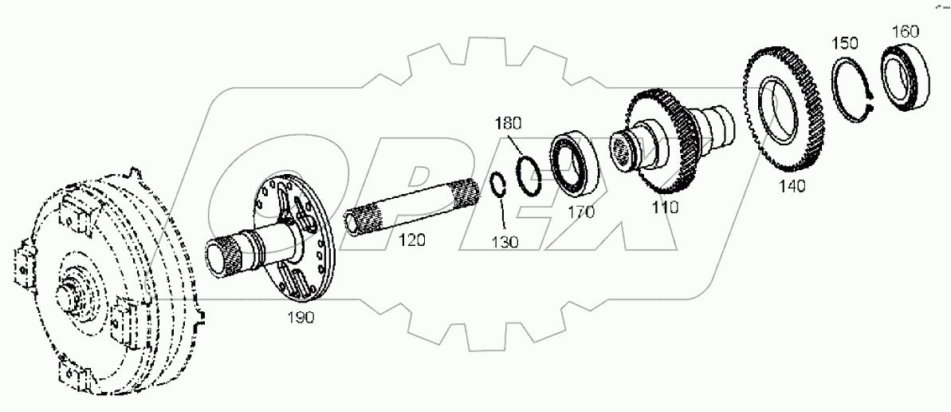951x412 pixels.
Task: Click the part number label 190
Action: [301, 317]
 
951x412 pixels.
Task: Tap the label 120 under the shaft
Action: [412, 240]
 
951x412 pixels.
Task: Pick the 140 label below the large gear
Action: [792, 186]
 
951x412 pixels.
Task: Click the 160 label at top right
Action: [905, 32]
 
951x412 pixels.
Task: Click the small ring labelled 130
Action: [497, 184]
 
